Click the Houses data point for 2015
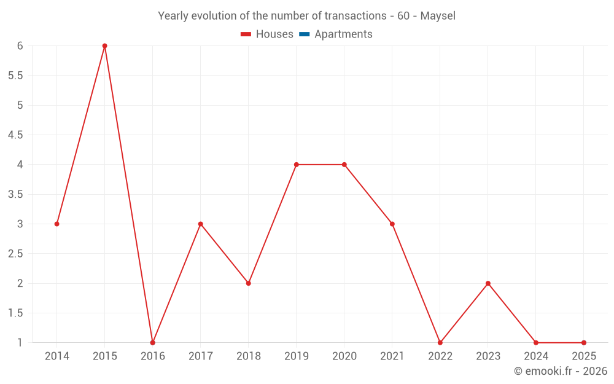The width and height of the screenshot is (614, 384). [104, 45]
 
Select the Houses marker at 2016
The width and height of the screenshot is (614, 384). [152, 343]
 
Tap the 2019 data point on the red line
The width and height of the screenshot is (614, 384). [296, 165]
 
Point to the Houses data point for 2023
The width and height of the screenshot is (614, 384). [488, 283]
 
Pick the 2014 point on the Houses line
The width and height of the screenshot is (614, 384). [56, 224]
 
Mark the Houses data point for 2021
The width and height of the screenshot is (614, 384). [392, 224]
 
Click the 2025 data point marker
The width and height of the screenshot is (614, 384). [584, 343]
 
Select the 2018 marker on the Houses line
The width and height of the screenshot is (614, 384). [248, 283]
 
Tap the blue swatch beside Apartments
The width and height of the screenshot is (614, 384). [304, 34]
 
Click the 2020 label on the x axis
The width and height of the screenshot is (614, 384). [344, 356]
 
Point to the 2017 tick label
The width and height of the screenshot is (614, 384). [200, 356]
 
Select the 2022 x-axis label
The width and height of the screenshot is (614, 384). [440, 356]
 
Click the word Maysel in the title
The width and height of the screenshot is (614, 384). [438, 16]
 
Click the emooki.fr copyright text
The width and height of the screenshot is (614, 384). [561, 371]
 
